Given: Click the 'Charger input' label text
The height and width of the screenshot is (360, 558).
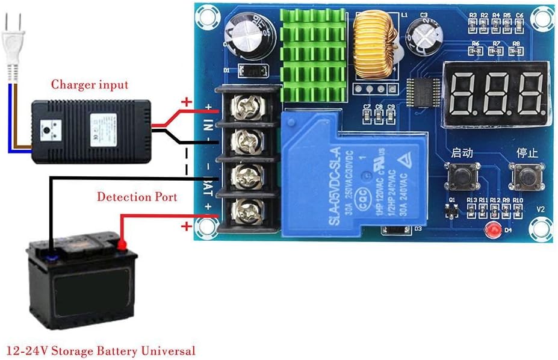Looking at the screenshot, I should coord(90,84).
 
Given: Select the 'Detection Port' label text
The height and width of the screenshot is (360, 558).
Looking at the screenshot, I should coord(137,197).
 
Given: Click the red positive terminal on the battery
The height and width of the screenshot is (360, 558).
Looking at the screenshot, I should coord(122,244).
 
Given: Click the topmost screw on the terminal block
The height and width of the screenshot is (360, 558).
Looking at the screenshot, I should coord(247,108).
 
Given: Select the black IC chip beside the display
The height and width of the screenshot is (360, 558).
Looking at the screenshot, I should coord(424,92).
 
